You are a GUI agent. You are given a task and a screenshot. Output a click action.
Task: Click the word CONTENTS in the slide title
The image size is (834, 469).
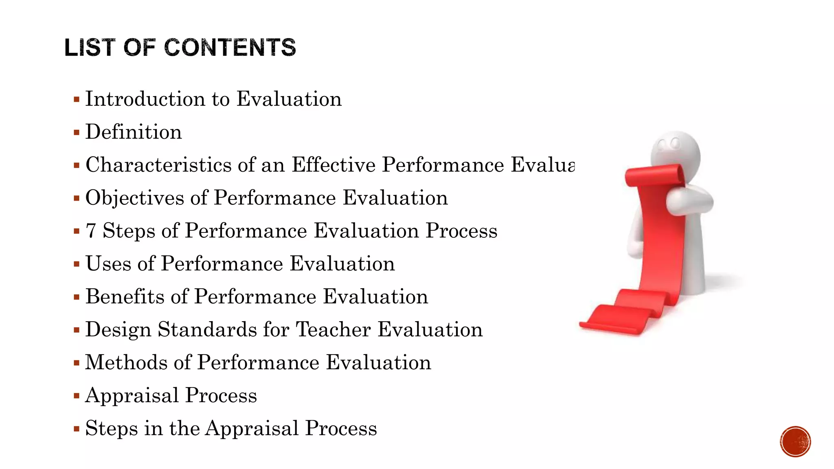pos(230,47)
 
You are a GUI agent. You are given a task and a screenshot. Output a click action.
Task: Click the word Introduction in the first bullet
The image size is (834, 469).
pos(145,99)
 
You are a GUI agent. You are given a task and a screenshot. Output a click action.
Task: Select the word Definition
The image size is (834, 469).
pos(134,132)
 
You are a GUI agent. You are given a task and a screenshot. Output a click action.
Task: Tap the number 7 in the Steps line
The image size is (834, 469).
pos(91,231)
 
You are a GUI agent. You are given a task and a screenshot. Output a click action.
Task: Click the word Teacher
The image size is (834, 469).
pos(333,329)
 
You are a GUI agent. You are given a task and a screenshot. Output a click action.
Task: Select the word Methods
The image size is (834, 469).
pos(126,362)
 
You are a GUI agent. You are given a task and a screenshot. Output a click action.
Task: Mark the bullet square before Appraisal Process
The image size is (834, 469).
pos(77,396)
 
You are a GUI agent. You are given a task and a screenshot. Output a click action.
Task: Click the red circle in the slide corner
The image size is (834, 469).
pos(795,441)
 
